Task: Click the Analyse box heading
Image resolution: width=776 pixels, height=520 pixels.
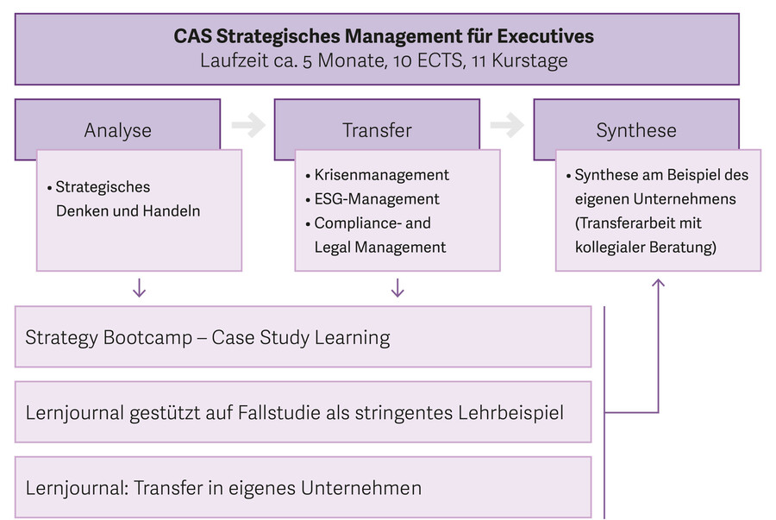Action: (x=118, y=130)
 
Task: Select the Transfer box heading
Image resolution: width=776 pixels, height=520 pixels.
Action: (x=377, y=130)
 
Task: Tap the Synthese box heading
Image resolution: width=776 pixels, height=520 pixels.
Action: (x=636, y=130)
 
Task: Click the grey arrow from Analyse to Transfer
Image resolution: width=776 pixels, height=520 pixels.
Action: (x=248, y=125)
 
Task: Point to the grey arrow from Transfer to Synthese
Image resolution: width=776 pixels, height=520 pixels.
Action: (x=507, y=125)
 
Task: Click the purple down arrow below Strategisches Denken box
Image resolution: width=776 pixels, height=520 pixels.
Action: (x=139, y=288)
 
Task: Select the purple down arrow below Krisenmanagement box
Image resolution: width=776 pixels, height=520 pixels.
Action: (x=397, y=288)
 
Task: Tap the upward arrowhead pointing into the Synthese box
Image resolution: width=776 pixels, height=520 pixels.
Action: (x=658, y=283)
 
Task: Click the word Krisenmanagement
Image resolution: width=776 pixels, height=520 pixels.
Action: (x=382, y=175)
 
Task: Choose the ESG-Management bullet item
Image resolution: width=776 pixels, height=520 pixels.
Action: (x=372, y=199)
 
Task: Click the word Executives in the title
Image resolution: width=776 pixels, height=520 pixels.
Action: (x=546, y=36)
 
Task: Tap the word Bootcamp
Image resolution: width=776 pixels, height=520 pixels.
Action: (x=148, y=338)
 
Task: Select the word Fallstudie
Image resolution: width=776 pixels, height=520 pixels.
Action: (x=279, y=412)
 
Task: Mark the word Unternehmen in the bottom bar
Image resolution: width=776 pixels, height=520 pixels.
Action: (x=361, y=488)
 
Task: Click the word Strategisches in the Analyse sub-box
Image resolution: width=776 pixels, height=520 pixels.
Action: (x=103, y=187)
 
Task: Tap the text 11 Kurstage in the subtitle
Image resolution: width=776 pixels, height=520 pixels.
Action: (x=520, y=61)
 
